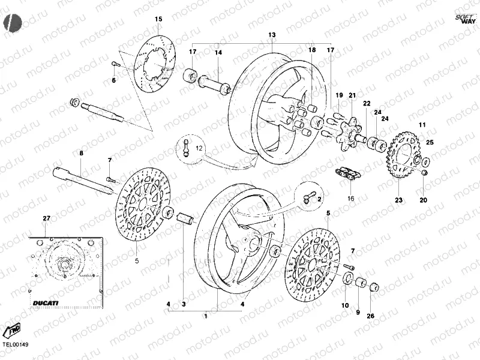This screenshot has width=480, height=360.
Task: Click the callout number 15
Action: pos(158,20)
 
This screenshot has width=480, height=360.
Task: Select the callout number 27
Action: pos(46,218)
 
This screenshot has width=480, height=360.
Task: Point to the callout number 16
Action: pos(351,198)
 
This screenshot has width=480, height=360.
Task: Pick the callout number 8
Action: pos(82,154)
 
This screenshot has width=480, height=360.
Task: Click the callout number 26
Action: pos(370,316)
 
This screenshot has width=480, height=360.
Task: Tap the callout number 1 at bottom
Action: pos(206,316)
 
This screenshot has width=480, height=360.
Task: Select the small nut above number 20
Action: pos(425,173)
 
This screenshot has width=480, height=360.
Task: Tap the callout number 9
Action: pos(358,312)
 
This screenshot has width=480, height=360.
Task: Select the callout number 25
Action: pos(429,142)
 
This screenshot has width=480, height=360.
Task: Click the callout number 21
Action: pos(352,95)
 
